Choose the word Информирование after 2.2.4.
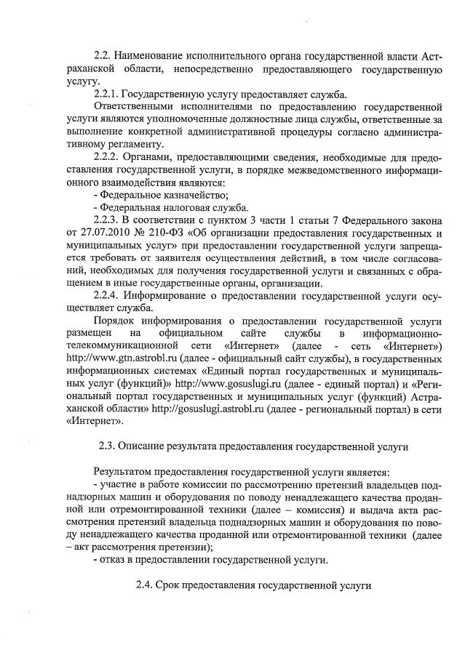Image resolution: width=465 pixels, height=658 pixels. [169, 297]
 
